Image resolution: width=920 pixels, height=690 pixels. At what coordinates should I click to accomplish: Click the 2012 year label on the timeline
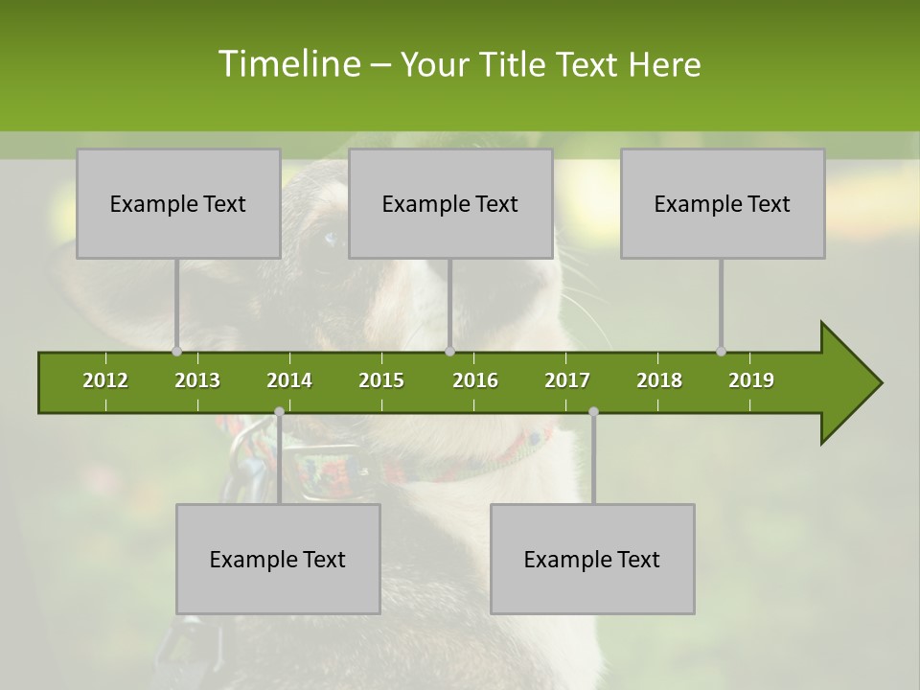(105, 380)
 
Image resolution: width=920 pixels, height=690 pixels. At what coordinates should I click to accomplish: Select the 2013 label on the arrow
(197, 380)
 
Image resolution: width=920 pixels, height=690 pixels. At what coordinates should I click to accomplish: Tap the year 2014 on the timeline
(289, 380)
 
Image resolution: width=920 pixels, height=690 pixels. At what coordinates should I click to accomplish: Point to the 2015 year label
(381, 380)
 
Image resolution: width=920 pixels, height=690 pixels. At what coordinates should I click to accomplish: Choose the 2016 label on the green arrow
(475, 380)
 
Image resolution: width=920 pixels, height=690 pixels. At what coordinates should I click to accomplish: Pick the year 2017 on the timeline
(567, 380)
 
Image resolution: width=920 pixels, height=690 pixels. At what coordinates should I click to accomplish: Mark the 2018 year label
(659, 380)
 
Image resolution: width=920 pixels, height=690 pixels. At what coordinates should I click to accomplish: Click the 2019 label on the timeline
(751, 380)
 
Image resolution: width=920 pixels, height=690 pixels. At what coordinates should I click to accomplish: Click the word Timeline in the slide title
(288, 64)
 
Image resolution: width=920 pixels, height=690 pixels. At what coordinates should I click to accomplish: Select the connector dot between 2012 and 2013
(176, 352)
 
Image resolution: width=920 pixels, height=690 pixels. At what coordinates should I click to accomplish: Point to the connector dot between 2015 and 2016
(449, 352)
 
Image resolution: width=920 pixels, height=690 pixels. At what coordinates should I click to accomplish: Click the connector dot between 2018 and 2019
(721, 352)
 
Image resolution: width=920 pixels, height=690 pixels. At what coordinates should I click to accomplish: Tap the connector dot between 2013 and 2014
(279, 412)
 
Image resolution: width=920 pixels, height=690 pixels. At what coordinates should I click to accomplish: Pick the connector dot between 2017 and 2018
(593, 412)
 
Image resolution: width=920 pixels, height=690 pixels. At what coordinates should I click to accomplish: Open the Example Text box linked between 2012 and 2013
(178, 203)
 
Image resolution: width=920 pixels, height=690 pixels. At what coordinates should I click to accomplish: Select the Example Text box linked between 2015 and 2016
(450, 203)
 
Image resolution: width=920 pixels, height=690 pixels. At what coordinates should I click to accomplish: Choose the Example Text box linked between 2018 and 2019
(723, 203)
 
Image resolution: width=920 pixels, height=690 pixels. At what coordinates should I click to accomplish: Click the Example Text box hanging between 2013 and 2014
(278, 559)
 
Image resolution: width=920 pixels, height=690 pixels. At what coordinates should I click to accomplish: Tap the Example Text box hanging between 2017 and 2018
(592, 559)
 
